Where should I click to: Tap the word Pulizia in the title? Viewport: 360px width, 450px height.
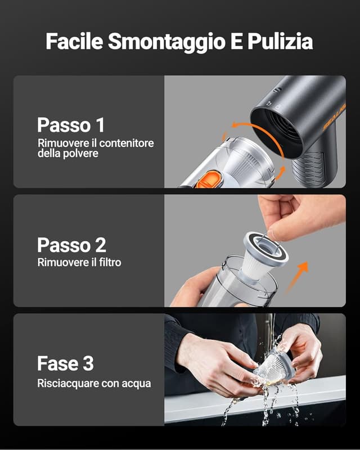(x=280, y=41)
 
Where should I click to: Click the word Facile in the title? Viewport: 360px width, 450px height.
(x=74, y=41)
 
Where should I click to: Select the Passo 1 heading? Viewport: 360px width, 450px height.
(x=71, y=125)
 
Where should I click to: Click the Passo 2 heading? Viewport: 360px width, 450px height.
(x=71, y=245)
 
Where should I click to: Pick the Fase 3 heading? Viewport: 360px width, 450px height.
(x=65, y=363)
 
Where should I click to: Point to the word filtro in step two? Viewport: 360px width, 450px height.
(x=110, y=262)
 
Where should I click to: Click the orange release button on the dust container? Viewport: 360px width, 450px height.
(x=209, y=179)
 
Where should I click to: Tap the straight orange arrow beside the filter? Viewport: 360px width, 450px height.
(x=298, y=277)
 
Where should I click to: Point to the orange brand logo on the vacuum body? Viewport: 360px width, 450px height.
(x=334, y=118)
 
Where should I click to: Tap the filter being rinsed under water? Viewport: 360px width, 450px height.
(x=274, y=367)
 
